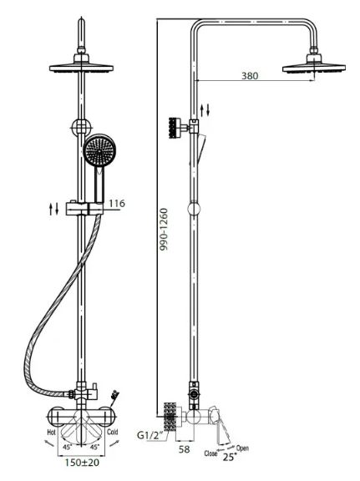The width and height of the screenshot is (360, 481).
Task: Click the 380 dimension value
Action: pos(250,75)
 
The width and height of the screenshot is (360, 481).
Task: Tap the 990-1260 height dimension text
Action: pos(165,229)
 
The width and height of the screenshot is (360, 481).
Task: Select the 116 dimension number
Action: pos(117,203)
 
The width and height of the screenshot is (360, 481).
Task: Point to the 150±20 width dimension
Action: pos(82,463)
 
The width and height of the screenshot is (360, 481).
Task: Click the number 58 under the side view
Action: pos(184,449)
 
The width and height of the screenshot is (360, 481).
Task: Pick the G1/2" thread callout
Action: pos(150,435)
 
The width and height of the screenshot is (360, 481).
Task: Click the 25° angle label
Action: pos(230,457)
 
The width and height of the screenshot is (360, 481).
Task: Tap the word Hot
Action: pos(51,433)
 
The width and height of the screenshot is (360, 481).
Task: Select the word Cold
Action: pos(112,432)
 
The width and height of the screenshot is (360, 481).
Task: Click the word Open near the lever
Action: pos(242,448)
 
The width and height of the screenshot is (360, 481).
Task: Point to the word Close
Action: pos(210,453)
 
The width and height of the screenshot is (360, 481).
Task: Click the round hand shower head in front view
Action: pos(99,150)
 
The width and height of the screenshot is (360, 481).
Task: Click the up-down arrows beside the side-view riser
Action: pos(205,110)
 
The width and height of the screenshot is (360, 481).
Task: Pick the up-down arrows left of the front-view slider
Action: pos(53,209)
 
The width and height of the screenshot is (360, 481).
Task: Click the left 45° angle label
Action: pos(67,447)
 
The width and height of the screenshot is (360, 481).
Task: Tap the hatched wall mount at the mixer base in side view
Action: pos(170,418)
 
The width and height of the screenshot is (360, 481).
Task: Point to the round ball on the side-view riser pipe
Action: pos(194,208)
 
